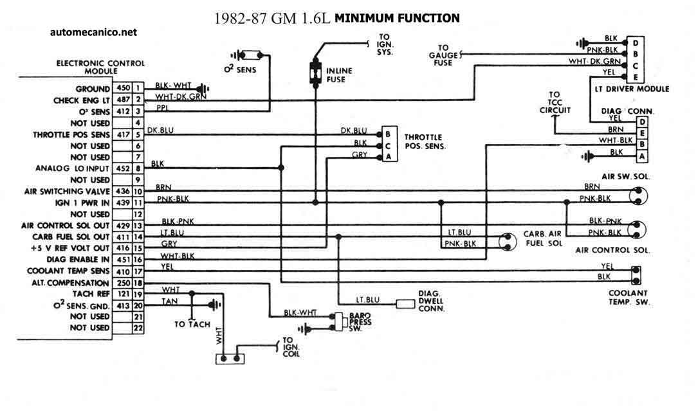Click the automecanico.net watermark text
(93, 32)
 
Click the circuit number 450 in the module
(122, 88)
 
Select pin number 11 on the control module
(138, 202)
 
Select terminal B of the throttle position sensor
(387, 134)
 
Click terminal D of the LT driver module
(636, 41)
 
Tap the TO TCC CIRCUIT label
(555, 103)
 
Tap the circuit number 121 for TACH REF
(122, 294)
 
